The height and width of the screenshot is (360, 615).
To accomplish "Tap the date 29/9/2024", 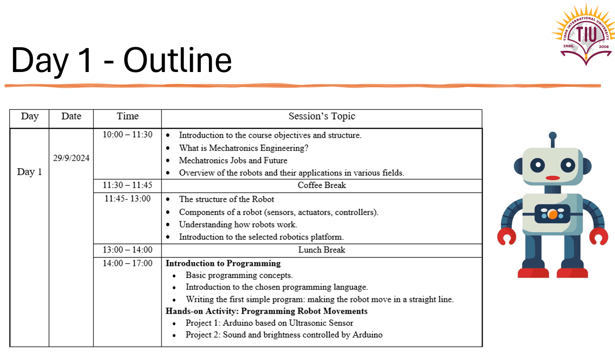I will click(x=71, y=158).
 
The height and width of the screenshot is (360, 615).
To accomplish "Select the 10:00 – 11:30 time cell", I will click(x=127, y=135).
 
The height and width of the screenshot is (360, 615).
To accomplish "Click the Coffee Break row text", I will click(x=321, y=185).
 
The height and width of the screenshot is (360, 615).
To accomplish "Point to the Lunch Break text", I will click(x=321, y=250).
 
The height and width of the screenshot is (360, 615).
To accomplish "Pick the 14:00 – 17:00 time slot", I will click(x=127, y=263).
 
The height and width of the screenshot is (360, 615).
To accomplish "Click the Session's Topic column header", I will click(x=321, y=116).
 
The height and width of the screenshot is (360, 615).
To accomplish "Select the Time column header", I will click(x=127, y=116).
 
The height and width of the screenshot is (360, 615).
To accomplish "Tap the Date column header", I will click(x=71, y=116).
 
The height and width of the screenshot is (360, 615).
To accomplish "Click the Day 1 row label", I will click(x=29, y=171).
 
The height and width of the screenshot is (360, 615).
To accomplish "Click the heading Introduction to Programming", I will click(x=223, y=263).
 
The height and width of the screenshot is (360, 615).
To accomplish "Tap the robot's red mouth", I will click(x=552, y=178).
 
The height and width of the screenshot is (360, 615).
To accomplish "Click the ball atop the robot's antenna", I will click(x=553, y=135).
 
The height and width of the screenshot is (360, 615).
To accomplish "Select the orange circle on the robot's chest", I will click(x=552, y=214).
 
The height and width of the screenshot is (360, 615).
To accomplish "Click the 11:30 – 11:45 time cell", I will click(x=127, y=185).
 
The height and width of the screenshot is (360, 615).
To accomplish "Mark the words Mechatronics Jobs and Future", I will click(x=233, y=160).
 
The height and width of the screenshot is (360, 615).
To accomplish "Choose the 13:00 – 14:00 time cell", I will click(x=127, y=250).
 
